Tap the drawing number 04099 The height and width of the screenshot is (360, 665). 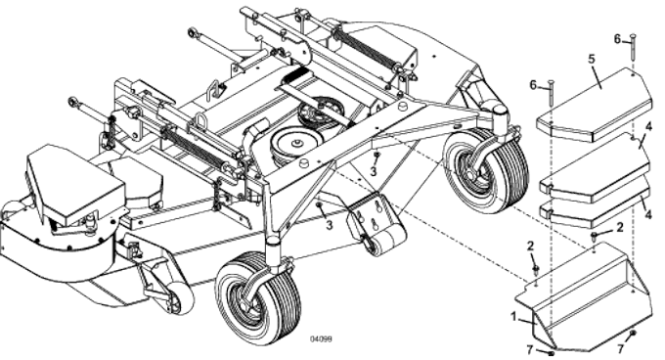tap(322, 338)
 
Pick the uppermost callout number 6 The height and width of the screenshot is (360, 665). tap(617, 38)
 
